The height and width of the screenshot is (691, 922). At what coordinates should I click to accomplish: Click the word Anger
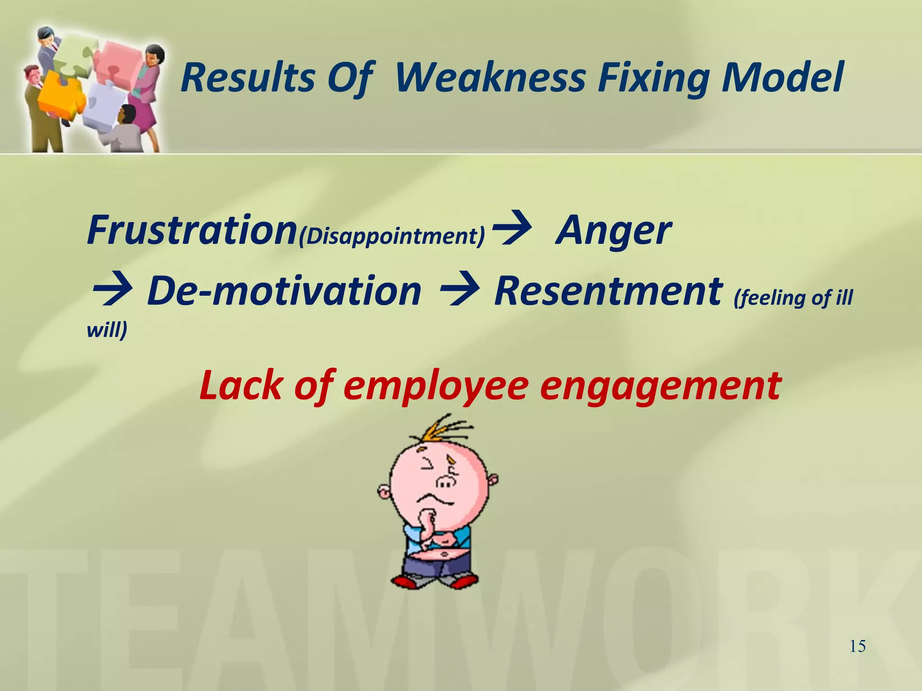pos(613,230)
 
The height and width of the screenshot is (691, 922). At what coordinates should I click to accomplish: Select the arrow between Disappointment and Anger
pos(511,230)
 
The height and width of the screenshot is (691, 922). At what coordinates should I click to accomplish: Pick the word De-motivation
pos(284,291)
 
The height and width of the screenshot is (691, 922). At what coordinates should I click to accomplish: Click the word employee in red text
pos(435,386)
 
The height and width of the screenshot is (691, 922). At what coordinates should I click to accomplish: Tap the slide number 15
pos(858,646)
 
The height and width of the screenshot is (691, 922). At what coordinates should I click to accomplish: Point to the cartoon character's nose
pos(446,482)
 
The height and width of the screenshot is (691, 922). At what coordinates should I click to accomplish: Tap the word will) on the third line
pos(107,329)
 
